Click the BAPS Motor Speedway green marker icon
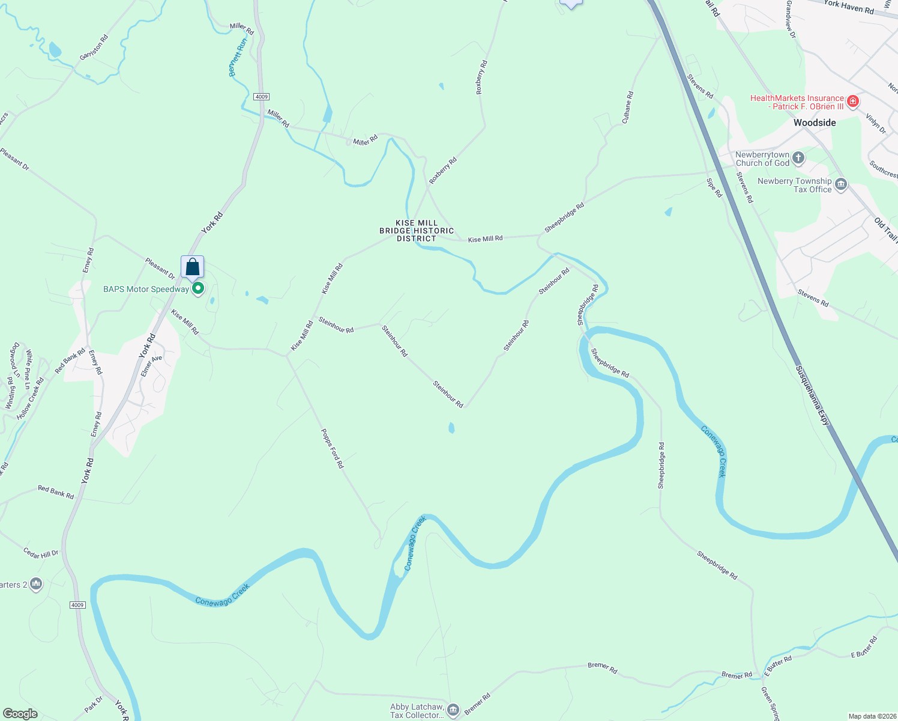[197, 289]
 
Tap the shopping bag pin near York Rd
[192, 267]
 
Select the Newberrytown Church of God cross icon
[798, 158]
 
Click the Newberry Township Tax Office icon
[841, 184]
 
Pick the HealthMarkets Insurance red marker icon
[853, 101]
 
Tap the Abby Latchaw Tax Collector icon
[453, 710]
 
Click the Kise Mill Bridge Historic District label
[417, 231]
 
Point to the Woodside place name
[815, 123]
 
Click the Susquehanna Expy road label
[813, 396]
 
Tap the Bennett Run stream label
[238, 58]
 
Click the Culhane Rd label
[627, 108]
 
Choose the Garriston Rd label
[94, 47]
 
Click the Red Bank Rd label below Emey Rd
[56, 493]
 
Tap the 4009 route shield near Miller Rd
[261, 97]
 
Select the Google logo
[20, 714]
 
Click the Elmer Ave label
[151, 367]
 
